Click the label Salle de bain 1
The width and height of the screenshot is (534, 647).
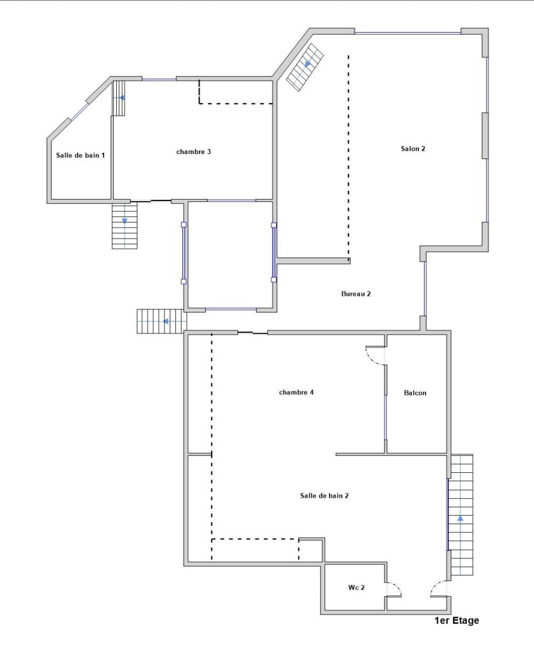[80, 155]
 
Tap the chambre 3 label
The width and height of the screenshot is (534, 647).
[194, 151]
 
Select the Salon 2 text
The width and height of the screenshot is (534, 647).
[413, 149]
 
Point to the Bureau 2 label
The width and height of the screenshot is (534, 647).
[356, 294]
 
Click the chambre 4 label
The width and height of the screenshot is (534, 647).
[296, 392]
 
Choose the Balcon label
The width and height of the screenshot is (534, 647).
[415, 393]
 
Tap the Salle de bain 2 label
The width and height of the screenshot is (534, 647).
[324, 496]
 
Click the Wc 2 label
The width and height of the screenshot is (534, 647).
[356, 588]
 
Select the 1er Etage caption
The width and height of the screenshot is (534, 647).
[456, 620]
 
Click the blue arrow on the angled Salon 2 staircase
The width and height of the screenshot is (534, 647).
[308, 63]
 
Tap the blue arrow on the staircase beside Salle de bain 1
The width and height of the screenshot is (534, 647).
[121, 98]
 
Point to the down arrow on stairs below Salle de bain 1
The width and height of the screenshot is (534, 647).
[125, 220]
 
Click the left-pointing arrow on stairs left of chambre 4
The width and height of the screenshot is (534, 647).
[165, 321]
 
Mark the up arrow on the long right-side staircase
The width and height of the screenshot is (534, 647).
[460, 518]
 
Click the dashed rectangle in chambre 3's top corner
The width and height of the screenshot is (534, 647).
[235, 93]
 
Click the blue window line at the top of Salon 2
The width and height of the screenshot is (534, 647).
[407, 33]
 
